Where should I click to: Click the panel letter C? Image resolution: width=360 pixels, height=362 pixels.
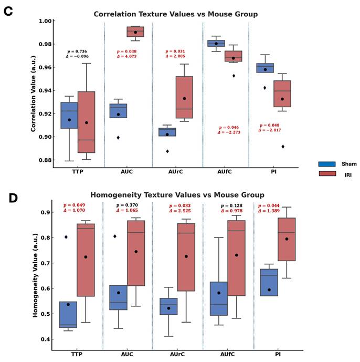pyautogui.click(x=8, y=12)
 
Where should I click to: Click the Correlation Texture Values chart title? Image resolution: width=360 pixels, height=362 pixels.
pyautogui.click(x=175, y=14)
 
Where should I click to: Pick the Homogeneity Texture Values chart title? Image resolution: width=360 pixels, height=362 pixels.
pyautogui.click(x=175, y=195)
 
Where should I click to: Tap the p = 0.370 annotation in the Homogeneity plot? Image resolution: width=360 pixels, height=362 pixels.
pyautogui.click(x=127, y=205)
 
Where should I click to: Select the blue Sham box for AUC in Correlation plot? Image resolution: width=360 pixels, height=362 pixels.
pyautogui.click(x=118, y=111)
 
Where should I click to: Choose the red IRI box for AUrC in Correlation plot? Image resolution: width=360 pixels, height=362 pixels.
pyautogui.click(x=184, y=97)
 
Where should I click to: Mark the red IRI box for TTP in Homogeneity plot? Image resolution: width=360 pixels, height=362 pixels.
pyautogui.click(x=86, y=260)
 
